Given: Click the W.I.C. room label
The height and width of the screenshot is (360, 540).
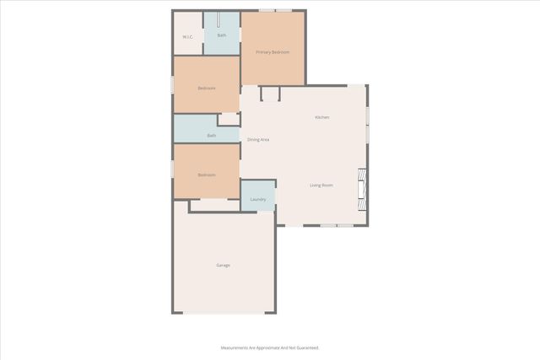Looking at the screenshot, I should coord(188,36).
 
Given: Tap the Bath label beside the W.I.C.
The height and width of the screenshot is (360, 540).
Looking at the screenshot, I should coord(222,35).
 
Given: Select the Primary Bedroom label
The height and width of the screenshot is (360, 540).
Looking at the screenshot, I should coord(273,53).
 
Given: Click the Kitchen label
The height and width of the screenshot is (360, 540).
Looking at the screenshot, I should coord(321,117).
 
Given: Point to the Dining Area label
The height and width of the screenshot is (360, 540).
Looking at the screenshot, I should coord(257,139).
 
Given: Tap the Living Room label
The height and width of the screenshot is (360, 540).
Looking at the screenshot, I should coord(321,185).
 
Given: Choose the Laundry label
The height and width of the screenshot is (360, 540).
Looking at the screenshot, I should coord(258,200).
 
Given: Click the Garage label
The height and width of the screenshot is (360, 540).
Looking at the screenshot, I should coord(223,266).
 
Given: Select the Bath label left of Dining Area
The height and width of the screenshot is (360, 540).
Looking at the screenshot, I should coord(212,135).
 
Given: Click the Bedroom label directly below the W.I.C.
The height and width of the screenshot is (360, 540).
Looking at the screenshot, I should coord(207,89).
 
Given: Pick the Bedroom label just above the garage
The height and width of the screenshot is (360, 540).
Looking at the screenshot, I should coord(207,175).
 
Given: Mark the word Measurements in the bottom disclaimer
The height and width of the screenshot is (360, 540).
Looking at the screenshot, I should coord(236,347).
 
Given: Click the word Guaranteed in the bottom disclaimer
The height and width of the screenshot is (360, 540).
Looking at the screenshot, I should coord(307,347).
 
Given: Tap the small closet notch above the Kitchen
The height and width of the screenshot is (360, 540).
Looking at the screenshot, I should coord(270,93).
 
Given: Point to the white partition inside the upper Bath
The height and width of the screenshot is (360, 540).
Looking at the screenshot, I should coord(219,20).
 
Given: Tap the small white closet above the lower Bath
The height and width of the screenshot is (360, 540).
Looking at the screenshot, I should coord(229,120).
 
